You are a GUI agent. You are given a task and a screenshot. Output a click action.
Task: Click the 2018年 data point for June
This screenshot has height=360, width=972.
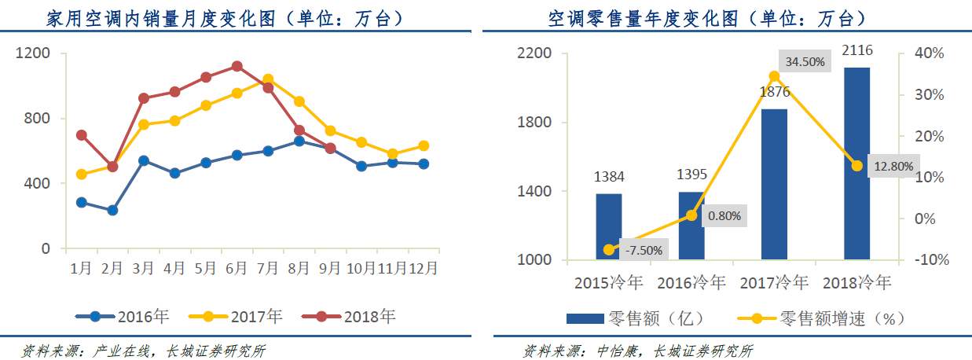pos(237,66)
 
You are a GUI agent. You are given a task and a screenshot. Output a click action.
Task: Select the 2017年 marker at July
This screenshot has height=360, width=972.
pos(268,79)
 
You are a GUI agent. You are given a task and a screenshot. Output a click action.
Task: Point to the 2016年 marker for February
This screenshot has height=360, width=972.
pos(112,210)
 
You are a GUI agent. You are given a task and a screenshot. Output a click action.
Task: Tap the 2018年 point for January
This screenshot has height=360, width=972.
pos(81,135)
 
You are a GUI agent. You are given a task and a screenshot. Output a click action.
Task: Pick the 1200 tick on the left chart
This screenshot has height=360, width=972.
pos(34,53)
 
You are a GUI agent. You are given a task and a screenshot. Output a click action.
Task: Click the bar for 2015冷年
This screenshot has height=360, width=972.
pos(609,226)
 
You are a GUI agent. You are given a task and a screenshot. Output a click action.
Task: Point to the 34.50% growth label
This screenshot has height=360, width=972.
pos(805,61)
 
